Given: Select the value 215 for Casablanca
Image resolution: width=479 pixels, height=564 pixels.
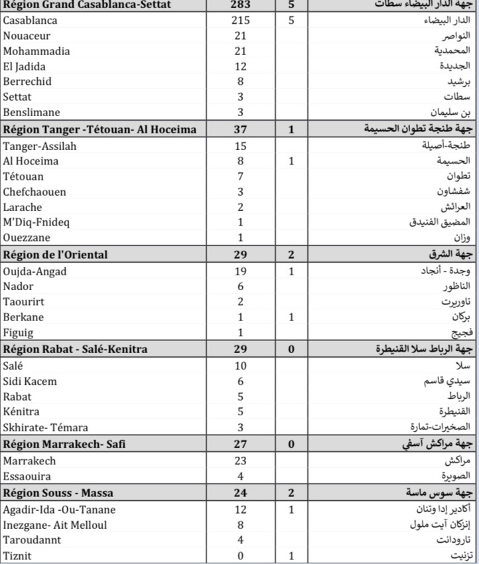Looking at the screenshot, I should pos(240,21).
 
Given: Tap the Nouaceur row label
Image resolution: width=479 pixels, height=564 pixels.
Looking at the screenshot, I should pos(27,36).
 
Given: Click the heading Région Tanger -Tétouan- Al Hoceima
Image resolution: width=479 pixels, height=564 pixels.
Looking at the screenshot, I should pos(100,129).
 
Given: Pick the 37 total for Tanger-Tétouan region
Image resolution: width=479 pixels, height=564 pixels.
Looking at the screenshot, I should pos(240,129).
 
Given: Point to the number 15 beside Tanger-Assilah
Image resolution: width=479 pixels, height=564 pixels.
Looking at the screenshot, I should pos(240,145).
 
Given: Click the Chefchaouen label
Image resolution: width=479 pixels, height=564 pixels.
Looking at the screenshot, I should pos(34,192).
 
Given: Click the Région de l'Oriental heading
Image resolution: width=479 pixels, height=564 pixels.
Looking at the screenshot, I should pos(55,254).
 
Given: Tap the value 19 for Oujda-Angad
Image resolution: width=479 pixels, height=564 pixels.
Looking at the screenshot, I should pos(240,271).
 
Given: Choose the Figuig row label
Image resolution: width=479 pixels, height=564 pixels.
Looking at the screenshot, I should pos(18,332).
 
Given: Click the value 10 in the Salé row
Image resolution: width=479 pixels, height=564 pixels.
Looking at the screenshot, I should pos(240,366).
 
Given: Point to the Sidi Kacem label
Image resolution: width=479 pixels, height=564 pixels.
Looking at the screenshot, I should pos(30,382).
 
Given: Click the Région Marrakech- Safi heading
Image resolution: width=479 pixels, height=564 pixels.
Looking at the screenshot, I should pos(64,444).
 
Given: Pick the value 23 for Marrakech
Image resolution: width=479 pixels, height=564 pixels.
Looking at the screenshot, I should pos(240,460).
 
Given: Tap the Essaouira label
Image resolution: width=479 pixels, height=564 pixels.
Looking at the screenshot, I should pos(27,476).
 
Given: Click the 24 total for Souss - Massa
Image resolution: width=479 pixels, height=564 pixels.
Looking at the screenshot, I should pos(240,492).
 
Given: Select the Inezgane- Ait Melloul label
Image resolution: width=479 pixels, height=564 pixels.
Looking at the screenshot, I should pos(55,525).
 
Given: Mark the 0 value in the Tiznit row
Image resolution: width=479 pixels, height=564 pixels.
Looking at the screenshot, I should pos(240,555).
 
